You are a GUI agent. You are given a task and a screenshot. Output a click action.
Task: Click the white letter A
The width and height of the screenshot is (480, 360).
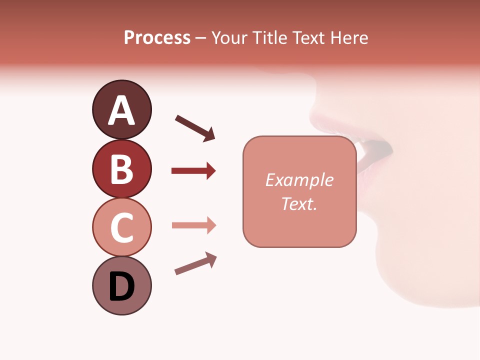point(121,111)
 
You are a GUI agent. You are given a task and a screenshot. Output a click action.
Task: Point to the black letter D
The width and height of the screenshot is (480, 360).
point(121,287)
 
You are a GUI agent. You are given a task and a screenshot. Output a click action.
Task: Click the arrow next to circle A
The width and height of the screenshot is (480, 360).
point(195,127)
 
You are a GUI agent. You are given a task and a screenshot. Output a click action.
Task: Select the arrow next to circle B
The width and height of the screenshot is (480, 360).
point(193,171)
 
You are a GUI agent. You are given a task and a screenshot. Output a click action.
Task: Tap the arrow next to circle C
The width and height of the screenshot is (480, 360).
point(193,225)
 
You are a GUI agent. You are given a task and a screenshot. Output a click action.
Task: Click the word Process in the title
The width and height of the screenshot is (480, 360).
point(157,38)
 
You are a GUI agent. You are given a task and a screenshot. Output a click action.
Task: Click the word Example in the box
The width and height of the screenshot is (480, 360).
point(299,180)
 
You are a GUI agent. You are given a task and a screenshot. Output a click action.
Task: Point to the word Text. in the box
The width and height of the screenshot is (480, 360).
point(299,204)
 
